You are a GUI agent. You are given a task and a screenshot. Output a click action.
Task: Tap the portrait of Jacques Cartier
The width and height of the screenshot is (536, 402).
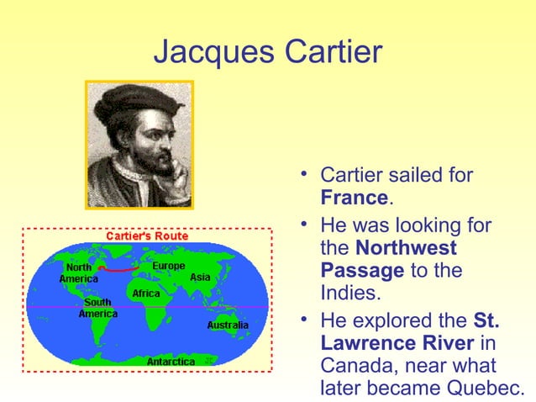point(139,145)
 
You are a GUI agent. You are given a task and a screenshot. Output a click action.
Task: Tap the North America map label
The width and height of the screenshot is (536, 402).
point(79,273)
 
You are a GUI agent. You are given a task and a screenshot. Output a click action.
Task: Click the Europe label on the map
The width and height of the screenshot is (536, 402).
point(169,267)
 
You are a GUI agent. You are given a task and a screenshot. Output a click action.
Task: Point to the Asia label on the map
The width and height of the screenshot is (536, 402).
point(200,277)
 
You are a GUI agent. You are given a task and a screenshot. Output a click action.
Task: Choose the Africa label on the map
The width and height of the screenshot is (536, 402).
point(146,294)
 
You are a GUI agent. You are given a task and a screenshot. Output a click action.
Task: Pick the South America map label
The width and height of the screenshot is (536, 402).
point(97,308)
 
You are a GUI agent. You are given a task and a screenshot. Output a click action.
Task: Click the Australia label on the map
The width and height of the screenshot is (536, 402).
point(228,325)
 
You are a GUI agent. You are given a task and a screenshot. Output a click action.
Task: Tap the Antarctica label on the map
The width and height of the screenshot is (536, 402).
point(171,362)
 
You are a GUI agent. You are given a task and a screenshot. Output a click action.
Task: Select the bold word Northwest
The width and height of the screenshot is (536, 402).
point(407,248)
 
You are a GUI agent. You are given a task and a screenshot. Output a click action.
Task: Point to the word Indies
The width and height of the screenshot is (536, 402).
point(350,295)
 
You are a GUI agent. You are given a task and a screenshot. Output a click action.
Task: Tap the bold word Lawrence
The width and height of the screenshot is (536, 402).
point(370,343)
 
